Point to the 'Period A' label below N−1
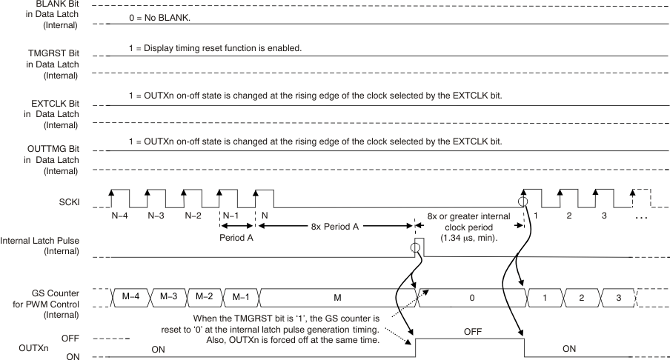coord(237,239)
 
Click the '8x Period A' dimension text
coord(334,227)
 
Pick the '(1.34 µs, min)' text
coord(469,238)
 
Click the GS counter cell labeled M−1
coord(240,296)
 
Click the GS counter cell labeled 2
coord(580,296)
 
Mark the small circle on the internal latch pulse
coord(416,247)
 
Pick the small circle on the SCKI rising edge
coord(524,201)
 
